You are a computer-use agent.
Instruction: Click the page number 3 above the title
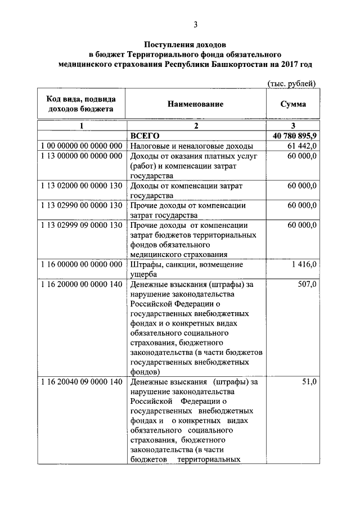[x=195, y=24]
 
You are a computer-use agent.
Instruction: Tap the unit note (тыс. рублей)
[x=291, y=83]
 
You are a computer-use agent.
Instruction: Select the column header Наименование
[x=195, y=104]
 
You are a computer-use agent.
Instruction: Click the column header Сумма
[x=292, y=104]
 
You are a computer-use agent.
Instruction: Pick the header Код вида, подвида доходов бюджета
[x=81, y=104]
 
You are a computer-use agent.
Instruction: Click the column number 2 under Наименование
[x=195, y=126]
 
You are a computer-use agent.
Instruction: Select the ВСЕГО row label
[x=145, y=136]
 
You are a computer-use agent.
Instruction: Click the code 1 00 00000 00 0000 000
[x=82, y=146]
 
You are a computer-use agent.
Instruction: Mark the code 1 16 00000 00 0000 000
[x=82, y=264]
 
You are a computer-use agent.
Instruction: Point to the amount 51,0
[x=309, y=382]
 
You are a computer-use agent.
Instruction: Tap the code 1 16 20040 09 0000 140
[x=82, y=382]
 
